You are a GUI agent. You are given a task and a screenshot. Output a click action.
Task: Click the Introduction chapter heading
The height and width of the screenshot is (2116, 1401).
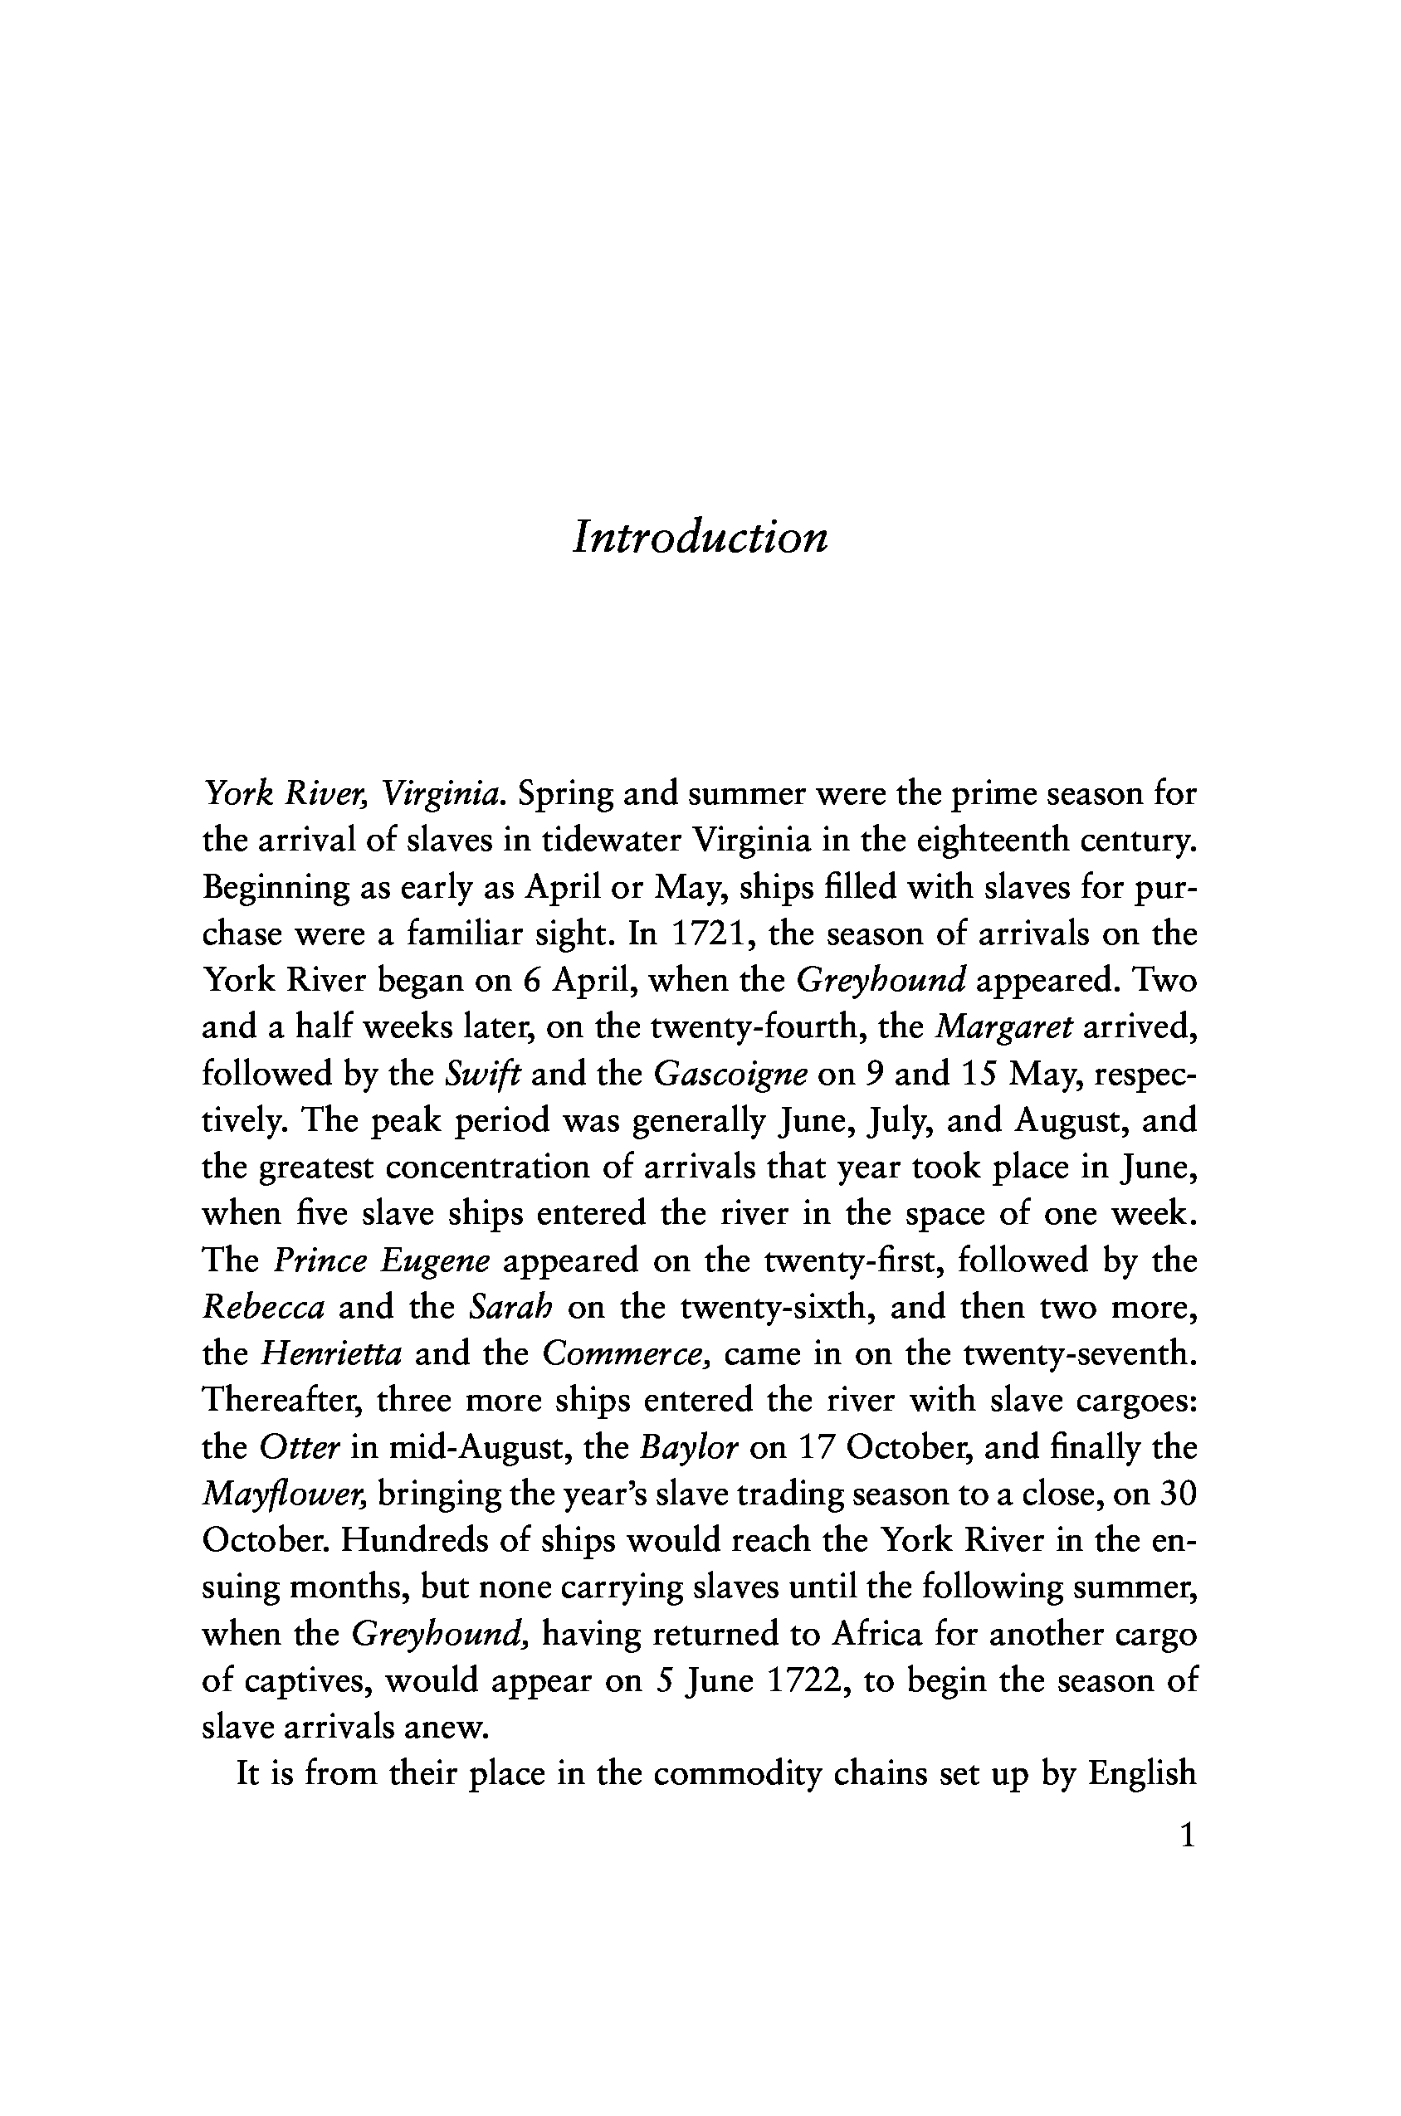pyautogui.click(x=700, y=538)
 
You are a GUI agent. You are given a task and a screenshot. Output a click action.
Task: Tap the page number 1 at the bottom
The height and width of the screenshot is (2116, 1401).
pyautogui.click(x=1188, y=1836)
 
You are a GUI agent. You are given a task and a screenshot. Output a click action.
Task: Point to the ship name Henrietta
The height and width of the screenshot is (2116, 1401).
pyautogui.click(x=330, y=1354)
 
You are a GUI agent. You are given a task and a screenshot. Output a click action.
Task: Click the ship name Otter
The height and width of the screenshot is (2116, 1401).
pyautogui.click(x=300, y=1447)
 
